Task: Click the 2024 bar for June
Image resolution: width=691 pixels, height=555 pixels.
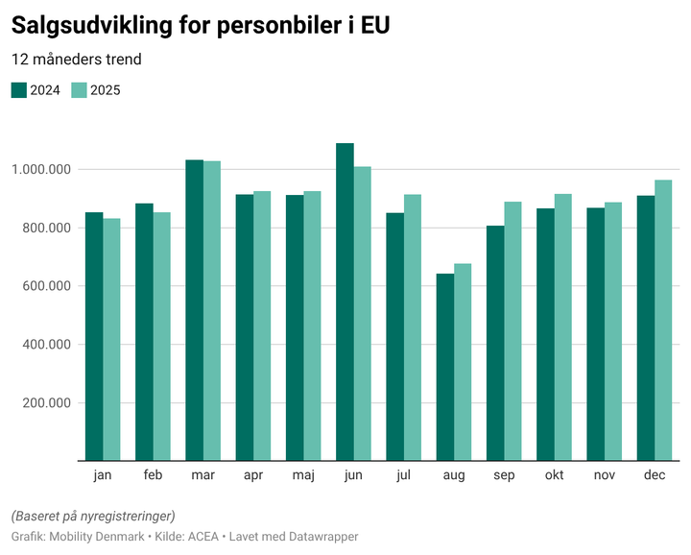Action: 345,302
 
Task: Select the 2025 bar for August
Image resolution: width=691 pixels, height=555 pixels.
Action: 463,362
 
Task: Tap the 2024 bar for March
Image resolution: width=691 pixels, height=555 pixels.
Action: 194,310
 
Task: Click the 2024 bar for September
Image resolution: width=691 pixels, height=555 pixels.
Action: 495,343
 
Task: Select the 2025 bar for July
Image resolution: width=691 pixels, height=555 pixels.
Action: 413,327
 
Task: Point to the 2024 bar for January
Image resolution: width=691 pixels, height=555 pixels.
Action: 94,336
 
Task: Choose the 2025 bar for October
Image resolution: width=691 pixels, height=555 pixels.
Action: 562,327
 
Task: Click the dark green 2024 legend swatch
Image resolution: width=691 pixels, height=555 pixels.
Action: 19,90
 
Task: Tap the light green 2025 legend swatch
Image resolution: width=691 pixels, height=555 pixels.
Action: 80,90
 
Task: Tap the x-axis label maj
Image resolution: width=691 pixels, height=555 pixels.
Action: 303,475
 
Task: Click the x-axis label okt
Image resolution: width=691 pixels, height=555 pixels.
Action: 554,475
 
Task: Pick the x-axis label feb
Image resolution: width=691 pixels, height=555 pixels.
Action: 153,475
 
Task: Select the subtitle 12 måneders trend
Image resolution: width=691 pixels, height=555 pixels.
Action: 76,60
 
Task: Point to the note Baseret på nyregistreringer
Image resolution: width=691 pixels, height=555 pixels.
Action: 92,516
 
